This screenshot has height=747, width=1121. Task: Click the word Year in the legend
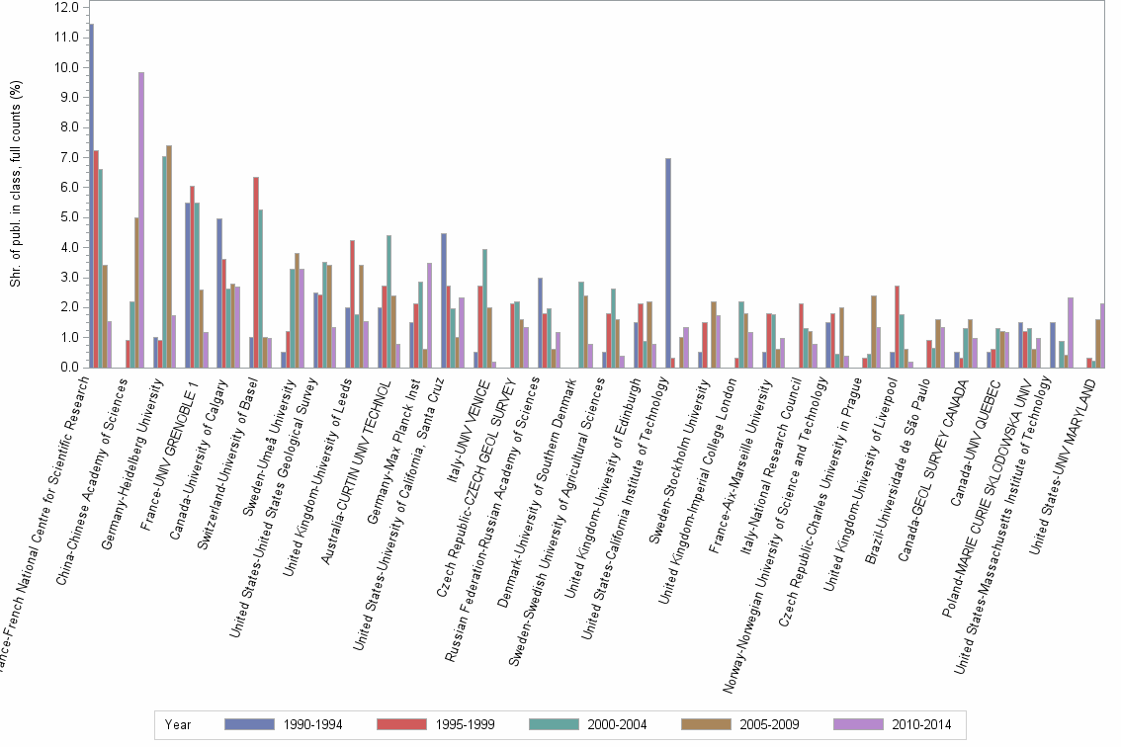tap(179, 724)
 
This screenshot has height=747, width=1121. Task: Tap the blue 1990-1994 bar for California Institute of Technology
tap(669, 263)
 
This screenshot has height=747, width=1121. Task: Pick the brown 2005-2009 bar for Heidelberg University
tap(169, 256)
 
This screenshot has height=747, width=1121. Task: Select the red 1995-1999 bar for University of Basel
tap(255, 272)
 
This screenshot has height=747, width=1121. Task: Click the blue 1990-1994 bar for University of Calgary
tap(219, 292)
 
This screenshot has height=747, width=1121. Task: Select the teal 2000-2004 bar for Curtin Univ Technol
tap(388, 301)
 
